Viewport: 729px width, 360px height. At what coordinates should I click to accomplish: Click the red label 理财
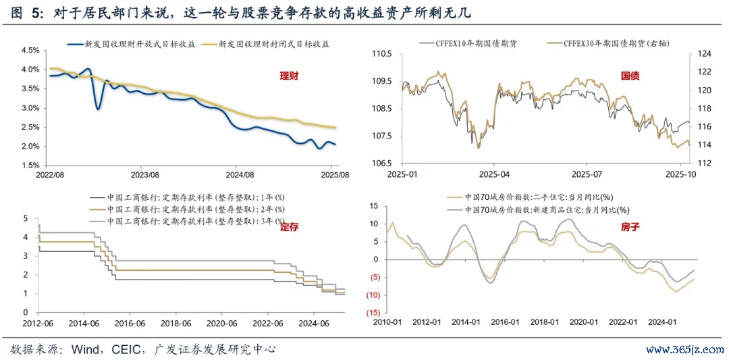coord(289,76)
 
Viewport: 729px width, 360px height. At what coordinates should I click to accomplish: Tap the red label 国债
coord(630,76)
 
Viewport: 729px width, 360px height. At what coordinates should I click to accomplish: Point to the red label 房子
coord(630,228)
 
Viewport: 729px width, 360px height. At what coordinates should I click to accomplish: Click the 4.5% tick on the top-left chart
coord(31,51)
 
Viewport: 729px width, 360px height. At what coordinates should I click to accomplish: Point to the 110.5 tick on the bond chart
coord(382,54)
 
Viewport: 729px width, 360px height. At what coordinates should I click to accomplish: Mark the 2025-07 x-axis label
coord(586,174)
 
